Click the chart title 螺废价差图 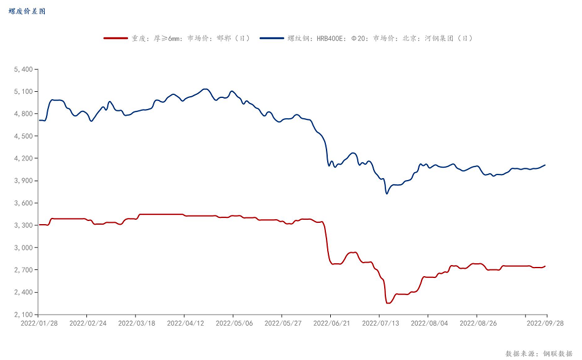click(27, 11)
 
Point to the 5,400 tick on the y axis click(23, 69)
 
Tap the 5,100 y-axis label click(23, 92)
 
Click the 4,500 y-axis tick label click(23, 137)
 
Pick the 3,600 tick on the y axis click(23, 203)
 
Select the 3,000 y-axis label click(23, 248)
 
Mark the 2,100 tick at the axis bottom click(23, 315)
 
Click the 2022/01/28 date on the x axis click(39, 323)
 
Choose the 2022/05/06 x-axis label click(233, 323)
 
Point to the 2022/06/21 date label click(330, 323)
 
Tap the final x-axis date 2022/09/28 click(545, 323)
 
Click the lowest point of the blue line click(387, 193)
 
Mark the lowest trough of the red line click(388, 303)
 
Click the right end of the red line click(545, 266)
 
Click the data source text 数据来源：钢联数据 click(539, 353)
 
